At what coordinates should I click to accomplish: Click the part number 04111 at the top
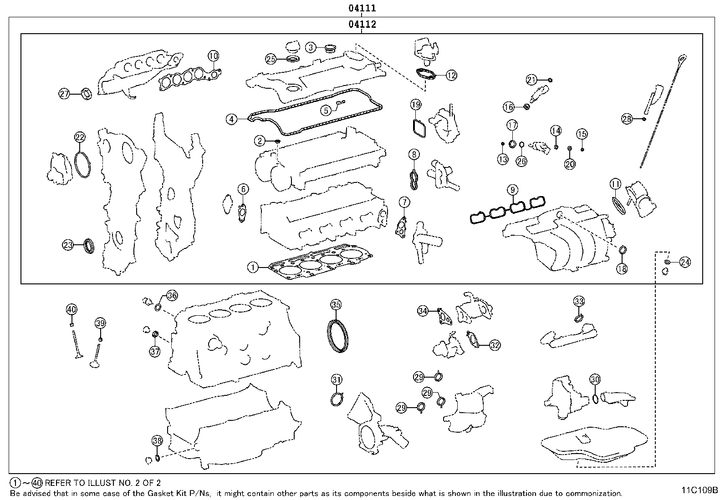(362, 8)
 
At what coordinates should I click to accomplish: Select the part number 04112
(362, 24)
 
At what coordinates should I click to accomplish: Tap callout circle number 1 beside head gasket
(253, 268)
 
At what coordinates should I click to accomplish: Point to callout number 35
(336, 304)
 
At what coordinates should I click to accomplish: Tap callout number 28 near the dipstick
(627, 119)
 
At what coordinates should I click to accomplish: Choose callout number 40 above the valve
(71, 309)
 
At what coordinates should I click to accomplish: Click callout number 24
(684, 262)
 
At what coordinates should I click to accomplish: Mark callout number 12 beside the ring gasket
(451, 76)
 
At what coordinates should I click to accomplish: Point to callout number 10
(213, 56)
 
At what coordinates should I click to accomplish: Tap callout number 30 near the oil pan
(595, 379)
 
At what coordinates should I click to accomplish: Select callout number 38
(157, 440)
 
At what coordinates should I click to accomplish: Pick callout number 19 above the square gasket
(415, 105)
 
